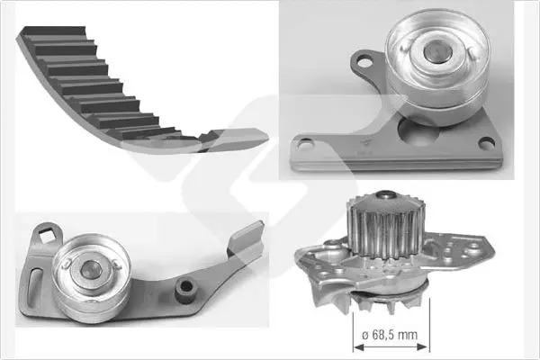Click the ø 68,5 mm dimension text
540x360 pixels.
tap(390, 335)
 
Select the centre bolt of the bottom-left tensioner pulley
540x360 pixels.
tap(89, 269)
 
